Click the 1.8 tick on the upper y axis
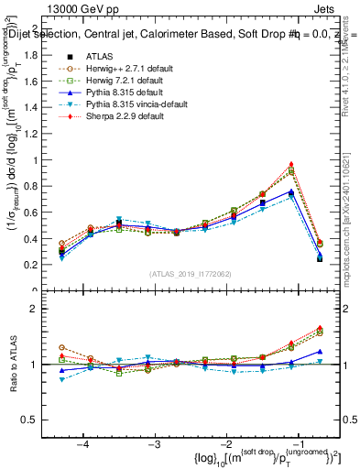(37, 55)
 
